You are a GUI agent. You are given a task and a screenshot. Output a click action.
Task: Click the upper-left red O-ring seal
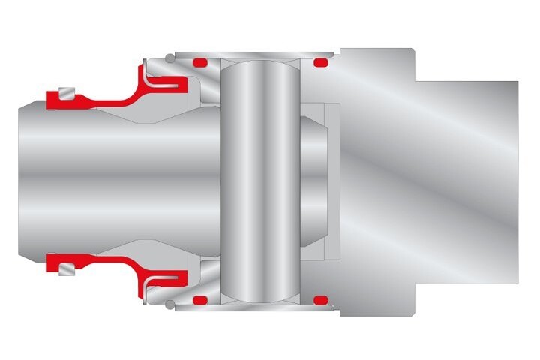tap(200, 63)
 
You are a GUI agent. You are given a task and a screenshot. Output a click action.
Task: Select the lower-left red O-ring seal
tap(200, 300)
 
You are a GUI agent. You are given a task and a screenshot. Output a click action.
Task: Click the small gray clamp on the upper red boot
tap(68, 94)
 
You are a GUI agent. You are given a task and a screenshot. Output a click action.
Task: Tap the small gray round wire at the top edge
tap(170, 57)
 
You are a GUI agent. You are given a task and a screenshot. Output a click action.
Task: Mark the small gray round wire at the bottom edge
tap(170, 304)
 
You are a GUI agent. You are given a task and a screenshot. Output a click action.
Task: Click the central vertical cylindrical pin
tap(260, 180)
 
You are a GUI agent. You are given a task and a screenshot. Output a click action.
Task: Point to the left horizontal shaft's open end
tap(30, 180)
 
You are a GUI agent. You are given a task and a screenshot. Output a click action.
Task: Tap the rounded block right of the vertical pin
tap(315, 180)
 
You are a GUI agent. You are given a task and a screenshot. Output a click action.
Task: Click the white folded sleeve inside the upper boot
tap(165, 82)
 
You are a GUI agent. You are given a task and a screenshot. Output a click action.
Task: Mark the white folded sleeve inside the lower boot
tap(165, 279)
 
